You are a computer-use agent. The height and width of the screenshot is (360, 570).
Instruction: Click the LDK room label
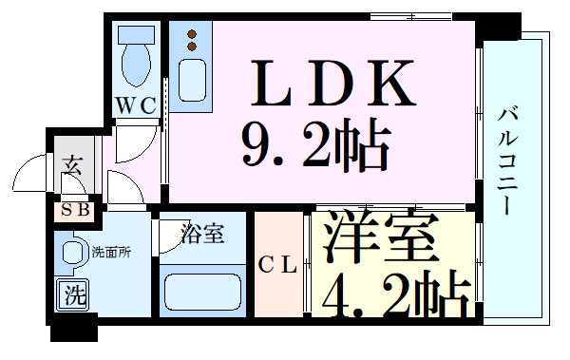(332, 84)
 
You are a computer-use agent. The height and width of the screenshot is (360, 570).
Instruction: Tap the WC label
(136, 106)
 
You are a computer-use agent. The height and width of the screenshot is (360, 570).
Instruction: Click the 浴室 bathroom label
(203, 234)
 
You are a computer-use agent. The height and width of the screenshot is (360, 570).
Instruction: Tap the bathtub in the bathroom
(202, 291)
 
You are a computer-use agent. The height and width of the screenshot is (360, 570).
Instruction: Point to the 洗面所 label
(110, 253)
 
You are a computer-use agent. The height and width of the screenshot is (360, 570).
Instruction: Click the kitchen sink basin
(193, 85)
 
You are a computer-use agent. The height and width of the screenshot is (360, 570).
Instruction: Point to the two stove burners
(193, 40)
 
